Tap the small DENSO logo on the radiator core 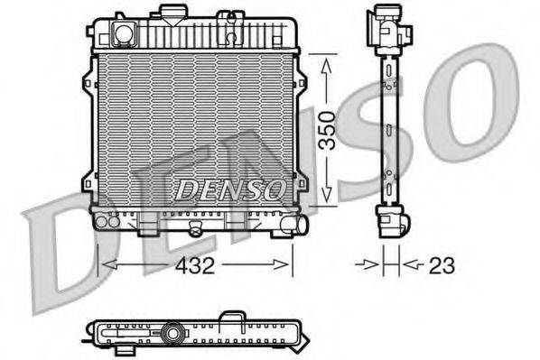(x=229, y=189)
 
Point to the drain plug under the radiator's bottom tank (x=191, y=231)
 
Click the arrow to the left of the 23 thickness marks (x=368, y=264)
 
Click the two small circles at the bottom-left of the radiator (x=107, y=221)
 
